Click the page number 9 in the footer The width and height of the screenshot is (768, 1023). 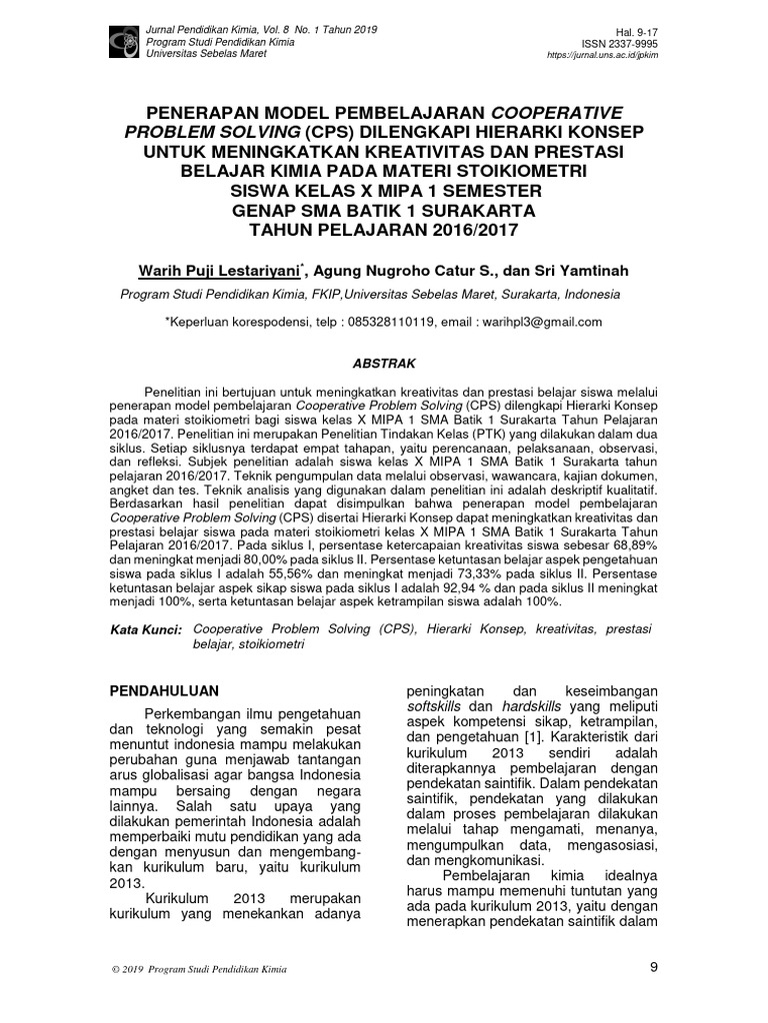[654, 967]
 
